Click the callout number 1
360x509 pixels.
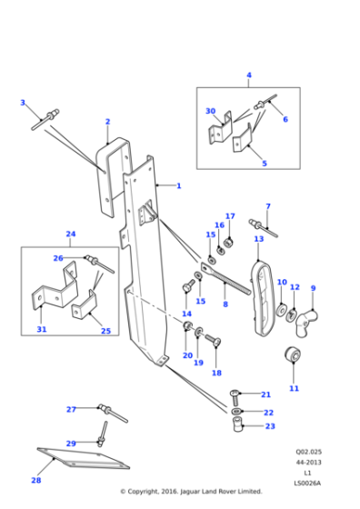pyautogui.click(x=178, y=186)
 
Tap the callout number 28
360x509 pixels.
pyautogui.click(x=36, y=480)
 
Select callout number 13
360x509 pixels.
pyautogui.click(x=259, y=239)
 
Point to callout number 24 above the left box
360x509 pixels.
pyautogui.click(x=71, y=234)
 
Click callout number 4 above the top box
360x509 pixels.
pyautogui.click(x=248, y=75)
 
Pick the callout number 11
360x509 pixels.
pyautogui.click(x=294, y=388)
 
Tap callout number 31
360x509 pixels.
pyautogui.click(x=41, y=329)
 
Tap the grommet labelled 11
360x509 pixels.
pyautogui.click(x=294, y=354)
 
